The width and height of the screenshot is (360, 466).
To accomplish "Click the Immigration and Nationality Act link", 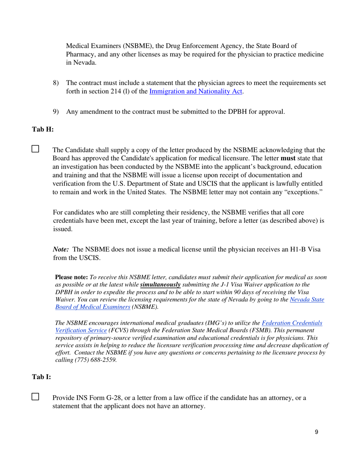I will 196,91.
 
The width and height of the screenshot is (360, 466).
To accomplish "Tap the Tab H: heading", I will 43,130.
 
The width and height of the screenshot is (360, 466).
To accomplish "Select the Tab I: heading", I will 42,377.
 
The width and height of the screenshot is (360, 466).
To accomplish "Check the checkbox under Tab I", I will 35,397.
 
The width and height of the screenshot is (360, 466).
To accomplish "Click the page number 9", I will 316,432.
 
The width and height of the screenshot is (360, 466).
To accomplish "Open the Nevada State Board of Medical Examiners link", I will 189,303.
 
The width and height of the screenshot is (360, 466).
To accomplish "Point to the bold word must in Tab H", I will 288,158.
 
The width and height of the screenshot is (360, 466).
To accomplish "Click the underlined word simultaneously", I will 160,285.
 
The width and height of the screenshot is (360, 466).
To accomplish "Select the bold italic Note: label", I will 61,250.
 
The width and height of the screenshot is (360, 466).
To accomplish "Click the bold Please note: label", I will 72,277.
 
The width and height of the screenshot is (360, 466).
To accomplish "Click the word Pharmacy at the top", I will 80,54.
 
